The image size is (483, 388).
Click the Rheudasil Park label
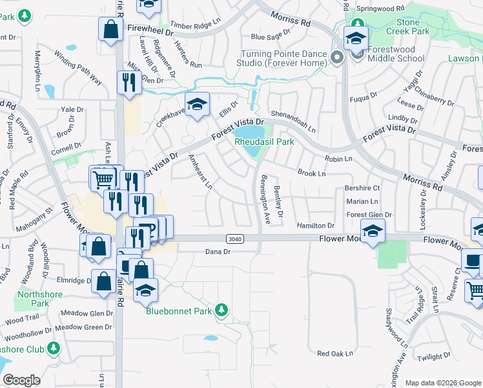coord(263,141)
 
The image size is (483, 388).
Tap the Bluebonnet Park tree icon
coord(222,310)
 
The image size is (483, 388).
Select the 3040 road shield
coord(236,239)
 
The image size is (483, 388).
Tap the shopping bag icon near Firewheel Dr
coord(110,29)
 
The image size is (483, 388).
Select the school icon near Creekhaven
coord(197,103)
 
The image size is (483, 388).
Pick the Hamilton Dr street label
coord(316,226)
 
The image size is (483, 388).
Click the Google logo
coord(21,380)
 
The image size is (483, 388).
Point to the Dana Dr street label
coord(218,252)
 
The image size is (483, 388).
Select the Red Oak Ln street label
coord(336,354)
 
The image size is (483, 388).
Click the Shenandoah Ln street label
coord(293,111)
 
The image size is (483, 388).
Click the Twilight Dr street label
coord(434,357)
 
